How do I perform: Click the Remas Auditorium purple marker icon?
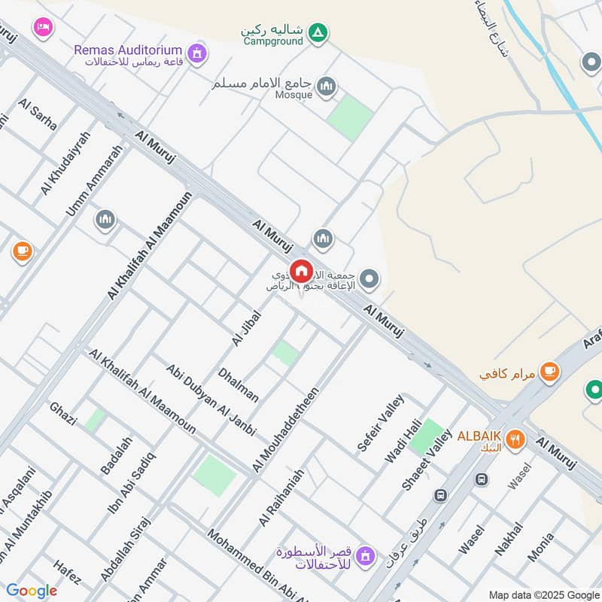coord(198,53)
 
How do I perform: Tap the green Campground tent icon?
coord(318,32)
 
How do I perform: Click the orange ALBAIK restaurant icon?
coord(515,439)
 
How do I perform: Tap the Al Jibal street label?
coord(246,329)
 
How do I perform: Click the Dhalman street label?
coord(238,385)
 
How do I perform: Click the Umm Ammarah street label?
coord(93,181)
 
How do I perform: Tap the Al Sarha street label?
coord(38,114)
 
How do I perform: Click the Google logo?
coord(32,591)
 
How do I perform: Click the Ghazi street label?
coord(63,414)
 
